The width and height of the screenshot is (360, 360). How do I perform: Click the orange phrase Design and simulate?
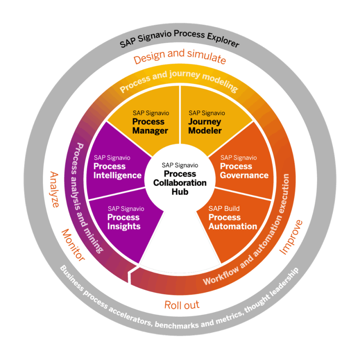180,56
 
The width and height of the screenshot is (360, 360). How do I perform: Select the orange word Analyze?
55,189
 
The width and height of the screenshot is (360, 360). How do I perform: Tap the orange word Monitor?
73,245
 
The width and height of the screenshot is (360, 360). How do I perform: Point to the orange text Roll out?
182,305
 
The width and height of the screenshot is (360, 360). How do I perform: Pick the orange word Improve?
291,237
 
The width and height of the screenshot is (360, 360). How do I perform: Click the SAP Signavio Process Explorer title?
180,38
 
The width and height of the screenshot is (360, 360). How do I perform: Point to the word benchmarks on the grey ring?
177,325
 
